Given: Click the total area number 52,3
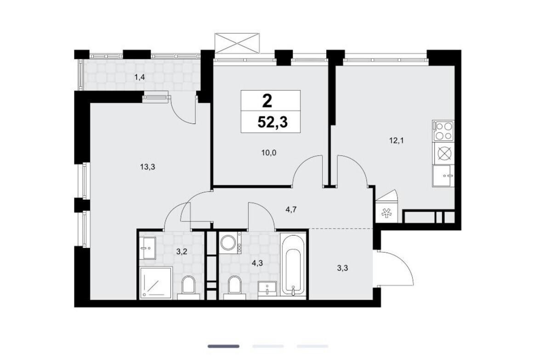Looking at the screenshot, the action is [272, 122].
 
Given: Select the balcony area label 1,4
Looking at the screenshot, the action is [140, 77].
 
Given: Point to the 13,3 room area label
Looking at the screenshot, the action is [148, 166].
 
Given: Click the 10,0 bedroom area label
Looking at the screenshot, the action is [269, 152].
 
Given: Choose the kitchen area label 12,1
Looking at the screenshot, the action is [396, 140].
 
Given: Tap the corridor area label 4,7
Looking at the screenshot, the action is [291, 209].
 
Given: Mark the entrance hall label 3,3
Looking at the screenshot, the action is [342, 268].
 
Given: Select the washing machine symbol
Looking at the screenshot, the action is [230, 243].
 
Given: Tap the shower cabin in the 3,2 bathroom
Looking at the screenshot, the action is [156, 283].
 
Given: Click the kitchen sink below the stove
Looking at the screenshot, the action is [444, 176].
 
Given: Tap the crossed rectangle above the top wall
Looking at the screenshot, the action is [237, 43].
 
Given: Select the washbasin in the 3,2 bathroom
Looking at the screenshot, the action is [148, 248].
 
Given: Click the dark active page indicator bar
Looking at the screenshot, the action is [224, 346].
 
